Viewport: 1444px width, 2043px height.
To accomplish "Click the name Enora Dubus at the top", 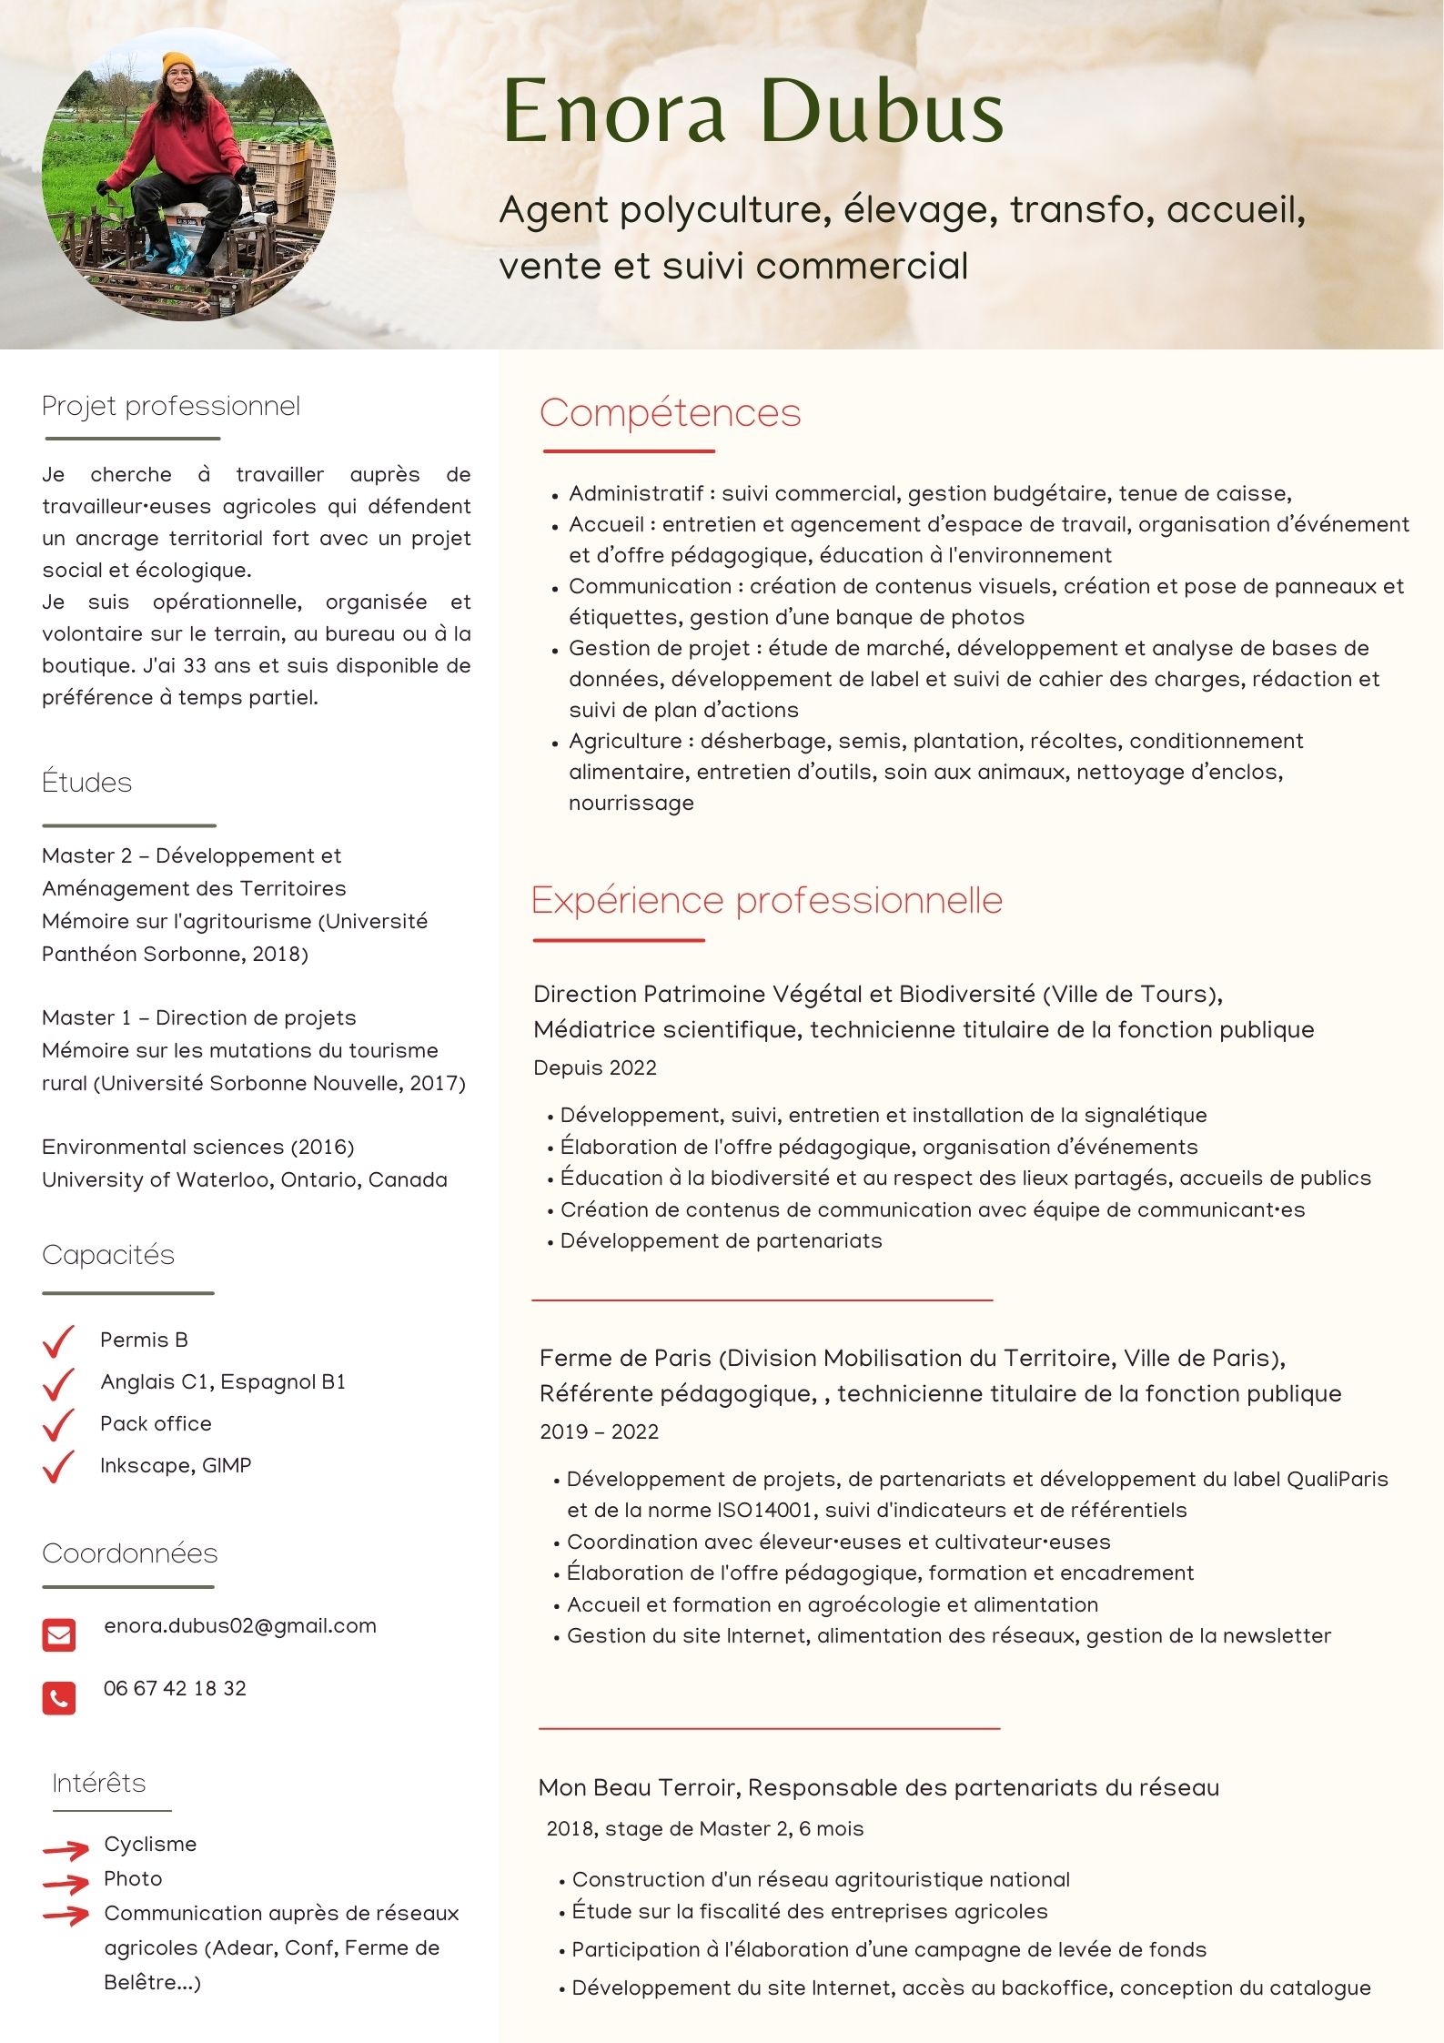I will tap(752, 111).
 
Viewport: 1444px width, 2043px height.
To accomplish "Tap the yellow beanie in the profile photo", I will tap(179, 66).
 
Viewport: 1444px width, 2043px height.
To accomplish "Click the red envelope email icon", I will tap(59, 1634).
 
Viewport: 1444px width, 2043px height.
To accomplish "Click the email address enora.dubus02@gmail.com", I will tap(240, 1626).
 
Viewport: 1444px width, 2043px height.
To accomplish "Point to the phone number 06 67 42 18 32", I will tap(175, 1688).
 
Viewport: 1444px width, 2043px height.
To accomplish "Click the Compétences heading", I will tap(670, 413).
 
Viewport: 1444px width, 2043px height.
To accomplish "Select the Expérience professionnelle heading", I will tap(766, 901).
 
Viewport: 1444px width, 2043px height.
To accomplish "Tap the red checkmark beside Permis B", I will tap(58, 1341).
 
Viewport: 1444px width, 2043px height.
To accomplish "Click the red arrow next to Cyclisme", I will tap(66, 1848).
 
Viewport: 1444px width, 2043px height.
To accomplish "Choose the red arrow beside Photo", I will tap(66, 1882).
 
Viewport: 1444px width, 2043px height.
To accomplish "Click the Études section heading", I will tap(87, 783).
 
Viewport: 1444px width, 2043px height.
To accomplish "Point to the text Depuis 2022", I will tap(595, 1067).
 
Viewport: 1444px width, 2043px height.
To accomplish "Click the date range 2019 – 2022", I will tap(599, 1431).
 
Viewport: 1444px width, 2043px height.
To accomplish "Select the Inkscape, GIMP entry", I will tap(176, 1465).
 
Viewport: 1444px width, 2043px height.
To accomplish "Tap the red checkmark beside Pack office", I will tap(58, 1425).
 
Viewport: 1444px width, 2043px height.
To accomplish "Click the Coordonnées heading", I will tap(130, 1553).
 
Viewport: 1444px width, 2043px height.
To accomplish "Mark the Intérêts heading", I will tap(99, 1783).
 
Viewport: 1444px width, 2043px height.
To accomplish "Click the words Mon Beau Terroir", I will tap(640, 1787).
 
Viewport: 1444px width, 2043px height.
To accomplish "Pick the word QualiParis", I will tap(1337, 1479).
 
